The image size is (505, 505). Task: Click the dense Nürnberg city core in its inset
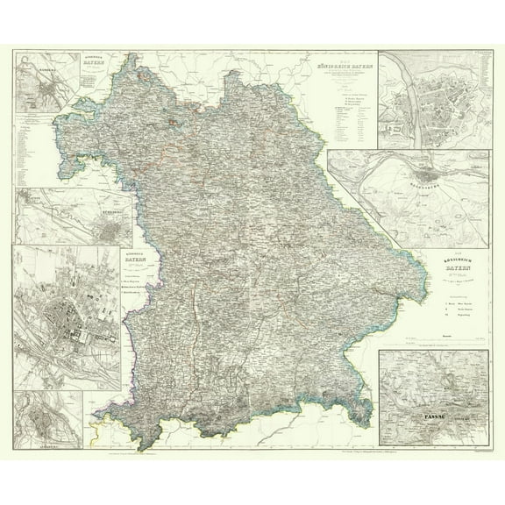click(x=110, y=233)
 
